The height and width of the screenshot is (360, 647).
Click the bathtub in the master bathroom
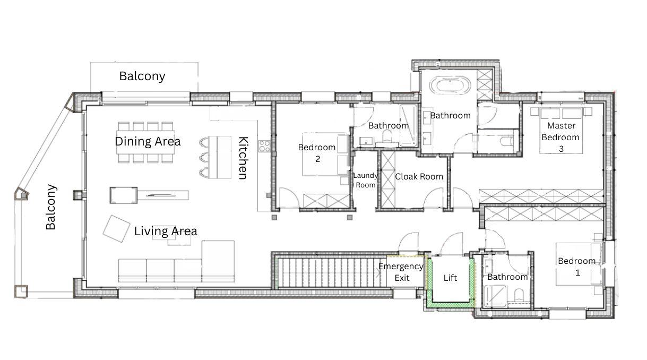click(x=450, y=86)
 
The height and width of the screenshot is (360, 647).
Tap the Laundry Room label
click(x=365, y=180)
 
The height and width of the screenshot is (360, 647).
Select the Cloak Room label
click(x=419, y=176)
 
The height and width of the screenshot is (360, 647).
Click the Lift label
click(x=450, y=278)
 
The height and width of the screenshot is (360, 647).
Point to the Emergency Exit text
click(x=401, y=272)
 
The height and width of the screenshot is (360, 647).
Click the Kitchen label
click(x=243, y=158)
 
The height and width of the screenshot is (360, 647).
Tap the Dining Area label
click(x=148, y=141)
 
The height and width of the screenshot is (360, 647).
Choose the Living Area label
click(x=166, y=231)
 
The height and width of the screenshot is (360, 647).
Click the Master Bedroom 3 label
click(x=560, y=137)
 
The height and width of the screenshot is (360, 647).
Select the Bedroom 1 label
click(x=577, y=267)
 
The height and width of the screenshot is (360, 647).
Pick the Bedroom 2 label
click(x=317, y=153)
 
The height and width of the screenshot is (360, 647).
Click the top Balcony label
click(x=142, y=76)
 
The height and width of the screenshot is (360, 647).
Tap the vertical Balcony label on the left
click(x=51, y=207)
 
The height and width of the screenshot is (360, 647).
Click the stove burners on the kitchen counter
click(x=264, y=146)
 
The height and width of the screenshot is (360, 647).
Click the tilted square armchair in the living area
click(x=116, y=229)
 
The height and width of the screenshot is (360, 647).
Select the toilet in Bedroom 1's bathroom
click(x=519, y=295)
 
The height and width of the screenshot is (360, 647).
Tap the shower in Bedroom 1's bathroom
click(x=495, y=296)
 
